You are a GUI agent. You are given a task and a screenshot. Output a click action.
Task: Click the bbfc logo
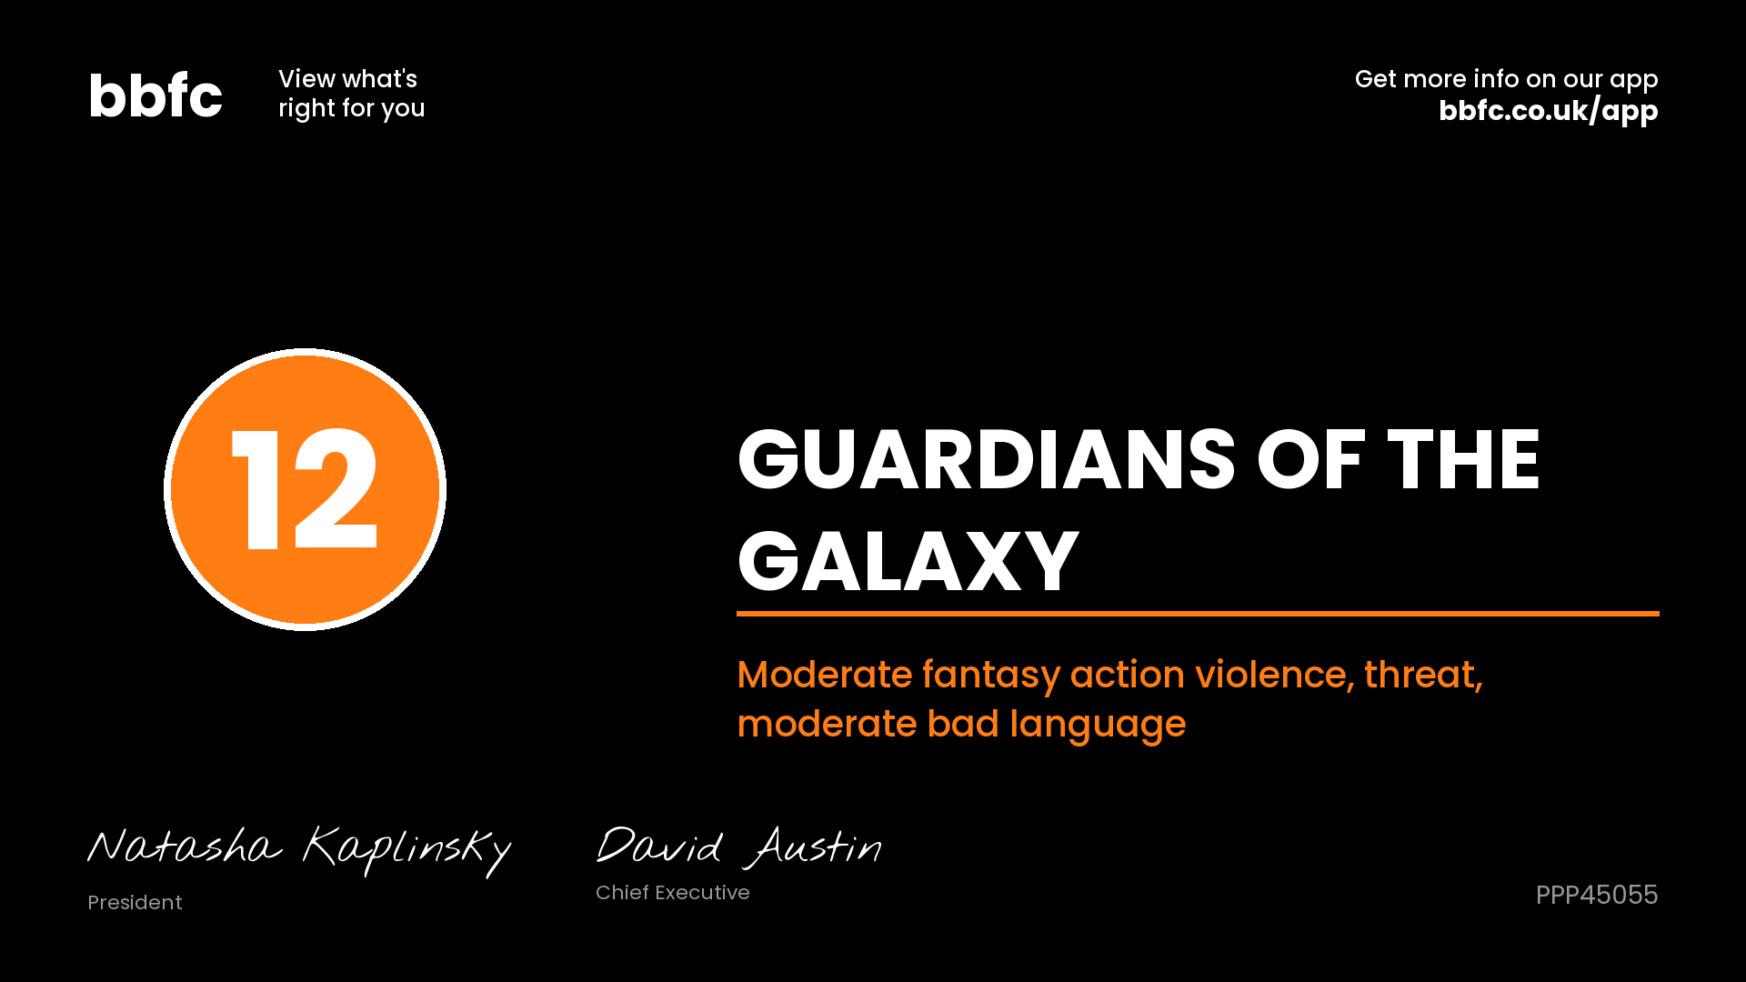(156, 95)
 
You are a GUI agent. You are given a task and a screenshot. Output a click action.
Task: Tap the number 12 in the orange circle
(305, 489)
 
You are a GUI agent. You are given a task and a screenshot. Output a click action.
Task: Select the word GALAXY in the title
(908, 561)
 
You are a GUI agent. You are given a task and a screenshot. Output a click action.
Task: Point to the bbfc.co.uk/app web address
(1548, 111)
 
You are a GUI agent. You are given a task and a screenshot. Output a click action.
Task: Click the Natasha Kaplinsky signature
(299, 850)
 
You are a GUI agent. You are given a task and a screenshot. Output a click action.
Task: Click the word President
(135, 902)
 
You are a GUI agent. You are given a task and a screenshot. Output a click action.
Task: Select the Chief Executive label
(673, 892)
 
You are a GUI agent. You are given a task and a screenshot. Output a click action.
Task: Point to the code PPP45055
(1597, 895)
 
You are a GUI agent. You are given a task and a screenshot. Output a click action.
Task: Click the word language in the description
(1098, 726)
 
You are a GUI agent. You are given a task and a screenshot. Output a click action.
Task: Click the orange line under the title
(1198, 614)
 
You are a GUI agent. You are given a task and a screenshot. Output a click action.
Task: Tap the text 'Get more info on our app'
(1506, 80)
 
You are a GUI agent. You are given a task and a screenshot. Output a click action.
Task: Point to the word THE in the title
(1463, 460)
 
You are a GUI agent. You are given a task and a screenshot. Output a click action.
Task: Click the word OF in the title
(1311, 460)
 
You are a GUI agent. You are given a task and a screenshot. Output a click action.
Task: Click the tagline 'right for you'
(352, 109)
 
